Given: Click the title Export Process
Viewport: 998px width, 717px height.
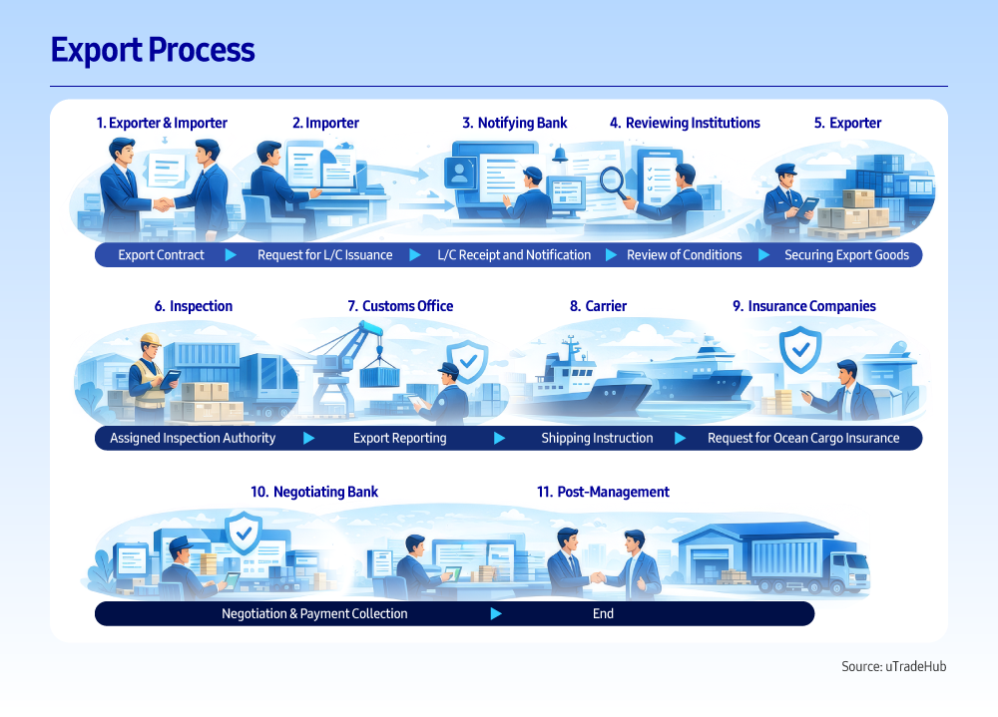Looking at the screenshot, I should tap(153, 50).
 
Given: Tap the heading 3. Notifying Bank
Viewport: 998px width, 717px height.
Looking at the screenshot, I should tap(514, 123).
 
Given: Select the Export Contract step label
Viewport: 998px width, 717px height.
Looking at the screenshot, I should tap(161, 255).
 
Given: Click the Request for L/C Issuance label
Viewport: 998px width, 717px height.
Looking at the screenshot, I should tap(324, 255).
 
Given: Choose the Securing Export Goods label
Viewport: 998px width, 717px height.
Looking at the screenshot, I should tap(846, 255).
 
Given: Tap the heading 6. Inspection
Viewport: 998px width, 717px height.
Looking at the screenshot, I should tap(194, 306).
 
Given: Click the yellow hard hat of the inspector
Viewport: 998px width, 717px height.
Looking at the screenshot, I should tap(152, 339).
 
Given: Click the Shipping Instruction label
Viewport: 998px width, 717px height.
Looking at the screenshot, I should tap(597, 438).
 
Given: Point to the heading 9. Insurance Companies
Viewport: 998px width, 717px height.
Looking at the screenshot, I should tap(803, 306).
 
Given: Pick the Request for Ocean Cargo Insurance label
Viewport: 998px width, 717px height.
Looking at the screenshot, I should tap(803, 438).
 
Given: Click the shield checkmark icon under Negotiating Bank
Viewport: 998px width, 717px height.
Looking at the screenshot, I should tap(244, 534).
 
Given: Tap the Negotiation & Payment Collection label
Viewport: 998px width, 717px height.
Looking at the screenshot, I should tap(314, 614).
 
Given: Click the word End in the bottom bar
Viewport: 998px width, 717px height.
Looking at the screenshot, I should tap(603, 614).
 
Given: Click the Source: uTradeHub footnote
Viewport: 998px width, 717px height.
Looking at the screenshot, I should tap(893, 666).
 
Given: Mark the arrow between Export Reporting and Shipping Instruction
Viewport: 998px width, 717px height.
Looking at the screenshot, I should tap(498, 438).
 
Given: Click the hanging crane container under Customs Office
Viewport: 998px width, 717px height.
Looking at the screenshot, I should tap(379, 377).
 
